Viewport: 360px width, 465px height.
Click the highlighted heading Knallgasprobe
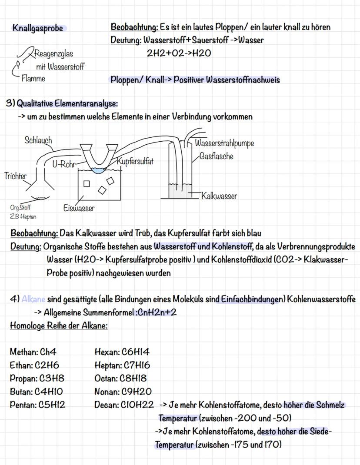tap(38, 28)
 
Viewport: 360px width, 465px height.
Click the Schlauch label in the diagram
tap(38, 140)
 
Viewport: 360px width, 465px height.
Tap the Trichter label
tap(15, 176)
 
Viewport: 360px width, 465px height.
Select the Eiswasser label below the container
tap(80, 208)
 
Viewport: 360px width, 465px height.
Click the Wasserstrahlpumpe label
tap(224, 143)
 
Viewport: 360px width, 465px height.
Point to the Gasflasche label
tap(216, 156)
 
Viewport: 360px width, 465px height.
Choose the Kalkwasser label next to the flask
tap(219, 196)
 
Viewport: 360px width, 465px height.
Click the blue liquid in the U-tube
tap(99, 171)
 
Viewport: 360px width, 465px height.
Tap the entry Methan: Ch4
tap(33, 352)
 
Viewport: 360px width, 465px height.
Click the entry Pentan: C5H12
tap(37, 405)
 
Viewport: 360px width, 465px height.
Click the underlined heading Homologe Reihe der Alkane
tap(59, 325)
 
